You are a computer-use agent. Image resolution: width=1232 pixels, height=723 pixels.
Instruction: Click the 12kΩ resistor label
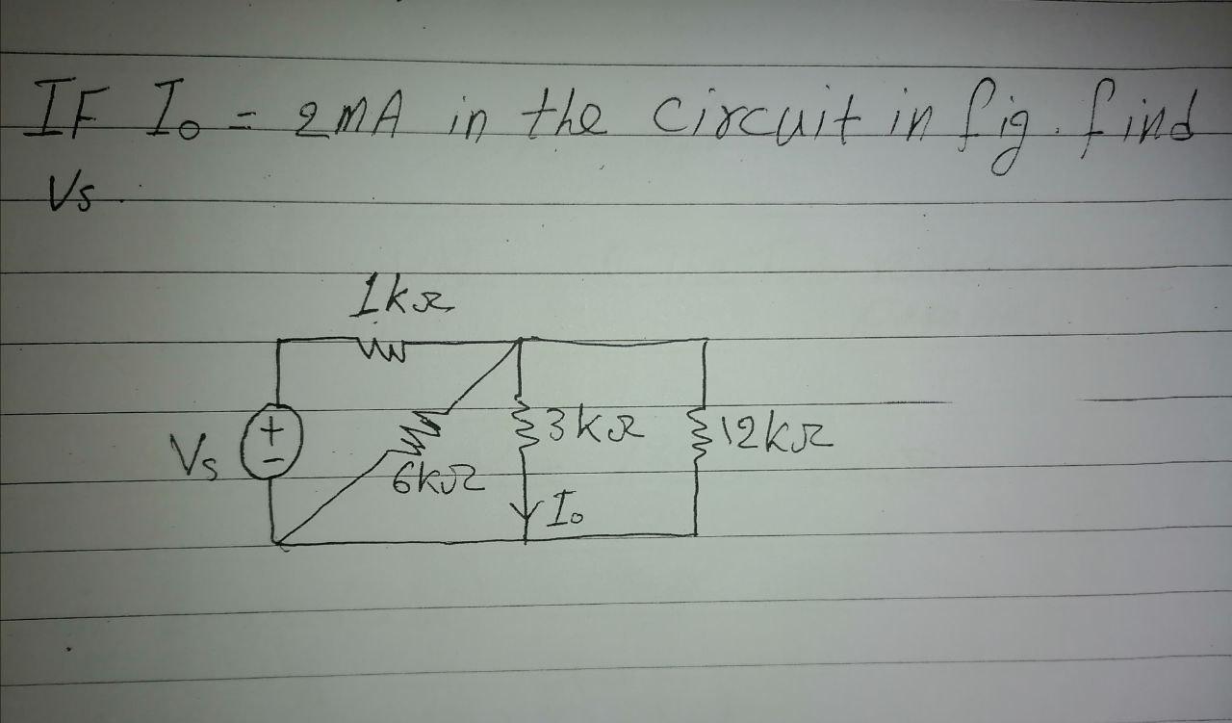coord(784,443)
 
